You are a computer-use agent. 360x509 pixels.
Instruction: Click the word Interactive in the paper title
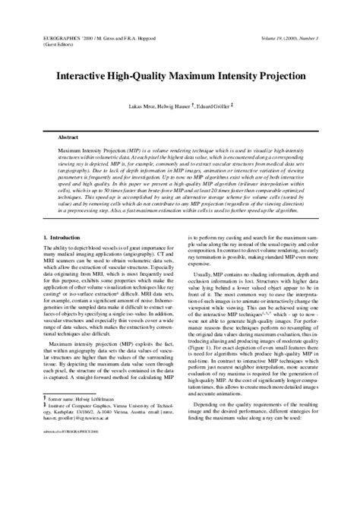pyautogui.click(x=83, y=77)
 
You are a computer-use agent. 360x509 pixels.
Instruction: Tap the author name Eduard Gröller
pyautogui.click(x=217, y=107)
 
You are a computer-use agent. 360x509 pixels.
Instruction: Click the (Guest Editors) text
pyautogui.click(x=53, y=44)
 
